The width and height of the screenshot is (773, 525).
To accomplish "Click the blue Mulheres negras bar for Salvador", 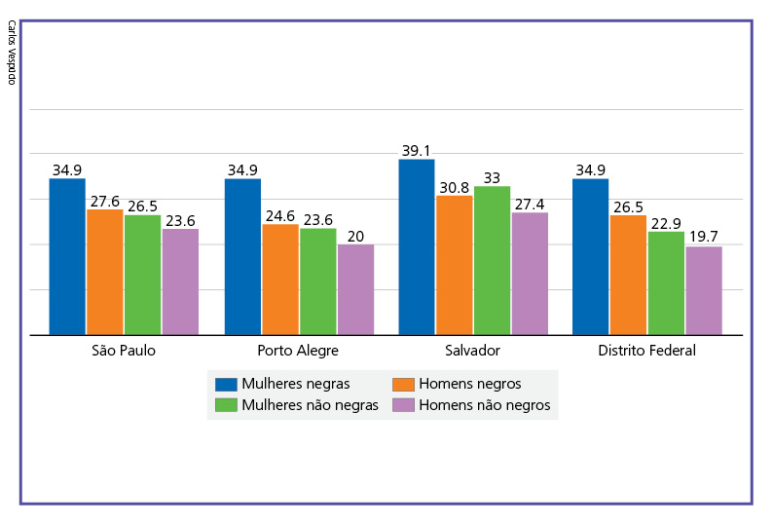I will [417, 247].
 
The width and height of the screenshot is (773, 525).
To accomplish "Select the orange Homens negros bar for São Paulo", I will [105, 272].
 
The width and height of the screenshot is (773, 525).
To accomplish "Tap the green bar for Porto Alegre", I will [317, 281].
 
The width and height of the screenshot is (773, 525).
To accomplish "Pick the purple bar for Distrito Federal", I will [704, 290].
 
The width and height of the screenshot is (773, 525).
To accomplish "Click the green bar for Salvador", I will [492, 260].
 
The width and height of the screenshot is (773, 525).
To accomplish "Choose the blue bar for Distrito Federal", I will [590, 257].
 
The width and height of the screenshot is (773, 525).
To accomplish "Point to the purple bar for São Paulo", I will [180, 281].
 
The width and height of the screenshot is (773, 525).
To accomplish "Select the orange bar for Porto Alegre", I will [280, 280].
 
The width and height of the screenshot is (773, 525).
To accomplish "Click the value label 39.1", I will [417, 151].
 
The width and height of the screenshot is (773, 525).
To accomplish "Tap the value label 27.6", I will [105, 202].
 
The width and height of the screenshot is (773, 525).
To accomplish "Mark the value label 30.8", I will [455, 187].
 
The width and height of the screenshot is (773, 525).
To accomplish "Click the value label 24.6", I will [280, 216].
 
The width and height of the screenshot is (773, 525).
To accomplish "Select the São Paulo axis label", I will [123, 351].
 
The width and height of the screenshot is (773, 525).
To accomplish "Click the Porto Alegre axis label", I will [298, 351].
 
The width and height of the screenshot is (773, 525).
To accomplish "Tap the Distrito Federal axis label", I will [646, 351].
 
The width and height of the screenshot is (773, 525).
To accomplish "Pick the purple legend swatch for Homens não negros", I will [403, 405].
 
